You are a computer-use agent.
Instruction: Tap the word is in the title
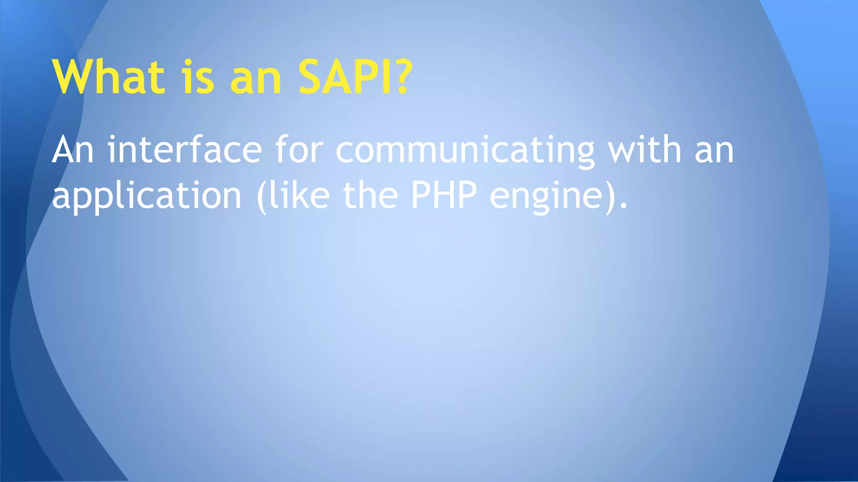[x=198, y=77]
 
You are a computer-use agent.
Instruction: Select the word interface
[x=185, y=150]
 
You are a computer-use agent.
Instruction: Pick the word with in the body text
[x=645, y=150]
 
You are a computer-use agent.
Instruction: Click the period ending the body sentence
[x=624, y=206]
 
